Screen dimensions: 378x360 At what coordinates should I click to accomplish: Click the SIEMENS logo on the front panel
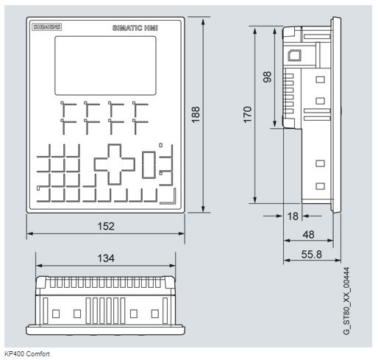[x=46, y=27]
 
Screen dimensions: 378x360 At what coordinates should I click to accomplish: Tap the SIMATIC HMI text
[x=135, y=28]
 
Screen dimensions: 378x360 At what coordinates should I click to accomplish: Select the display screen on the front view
[x=105, y=66]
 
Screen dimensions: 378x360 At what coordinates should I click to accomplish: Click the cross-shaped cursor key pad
[x=115, y=164]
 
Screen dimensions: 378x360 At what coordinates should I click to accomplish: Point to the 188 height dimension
[x=196, y=115]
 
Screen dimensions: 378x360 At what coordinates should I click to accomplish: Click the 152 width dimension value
[x=106, y=226]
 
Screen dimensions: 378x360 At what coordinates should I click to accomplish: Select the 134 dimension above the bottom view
[x=106, y=258]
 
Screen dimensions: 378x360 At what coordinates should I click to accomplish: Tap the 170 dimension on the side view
[x=248, y=115]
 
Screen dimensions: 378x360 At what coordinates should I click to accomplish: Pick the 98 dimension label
[x=267, y=77]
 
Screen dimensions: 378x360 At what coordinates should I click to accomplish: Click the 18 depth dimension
[x=293, y=216]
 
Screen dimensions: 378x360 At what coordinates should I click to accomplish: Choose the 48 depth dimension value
[x=308, y=235]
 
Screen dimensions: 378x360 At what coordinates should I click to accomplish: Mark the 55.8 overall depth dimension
[x=312, y=254]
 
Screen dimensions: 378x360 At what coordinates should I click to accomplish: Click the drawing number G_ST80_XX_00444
[x=346, y=301]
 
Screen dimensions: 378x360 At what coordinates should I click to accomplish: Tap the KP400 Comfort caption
[x=27, y=354]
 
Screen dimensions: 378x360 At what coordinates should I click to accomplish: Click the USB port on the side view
[x=294, y=55]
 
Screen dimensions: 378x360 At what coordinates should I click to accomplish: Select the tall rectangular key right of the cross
[x=149, y=165]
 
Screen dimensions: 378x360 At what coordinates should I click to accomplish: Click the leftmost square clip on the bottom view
[x=56, y=314]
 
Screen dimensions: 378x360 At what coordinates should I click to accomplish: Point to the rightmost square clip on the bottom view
[x=155, y=314]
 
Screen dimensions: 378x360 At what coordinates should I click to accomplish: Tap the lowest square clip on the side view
[x=320, y=186]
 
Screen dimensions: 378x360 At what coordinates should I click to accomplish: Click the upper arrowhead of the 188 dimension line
[x=203, y=22]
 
